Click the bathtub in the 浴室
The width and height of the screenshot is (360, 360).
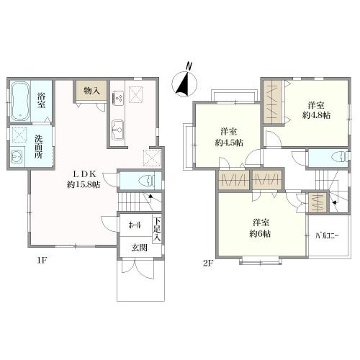(x=20, y=102)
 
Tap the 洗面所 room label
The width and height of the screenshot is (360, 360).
(x=38, y=146)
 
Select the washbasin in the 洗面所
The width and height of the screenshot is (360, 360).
(x=17, y=157)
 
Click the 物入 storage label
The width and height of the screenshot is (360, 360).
(x=91, y=91)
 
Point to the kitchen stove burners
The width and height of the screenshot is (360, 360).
(x=118, y=98)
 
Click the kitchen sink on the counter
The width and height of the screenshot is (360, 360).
(x=118, y=130)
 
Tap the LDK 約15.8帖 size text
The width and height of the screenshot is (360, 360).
(x=84, y=184)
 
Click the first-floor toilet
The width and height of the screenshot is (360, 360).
(x=146, y=181)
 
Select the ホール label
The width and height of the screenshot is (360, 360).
(x=135, y=225)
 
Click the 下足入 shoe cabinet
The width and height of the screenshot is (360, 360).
(x=157, y=229)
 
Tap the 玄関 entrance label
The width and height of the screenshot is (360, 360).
(x=139, y=248)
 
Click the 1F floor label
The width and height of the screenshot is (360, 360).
(x=41, y=261)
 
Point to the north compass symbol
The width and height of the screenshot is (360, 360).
(x=184, y=84)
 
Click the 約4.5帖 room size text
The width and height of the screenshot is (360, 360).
(x=229, y=143)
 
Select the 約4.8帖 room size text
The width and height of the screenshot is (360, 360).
(x=316, y=115)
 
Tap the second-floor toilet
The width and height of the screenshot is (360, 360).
(x=339, y=158)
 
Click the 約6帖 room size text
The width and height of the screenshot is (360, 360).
(x=261, y=233)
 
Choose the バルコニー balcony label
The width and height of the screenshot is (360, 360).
(x=327, y=235)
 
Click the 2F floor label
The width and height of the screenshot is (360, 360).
(x=208, y=264)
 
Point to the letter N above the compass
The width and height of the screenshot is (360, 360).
(x=189, y=66)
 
